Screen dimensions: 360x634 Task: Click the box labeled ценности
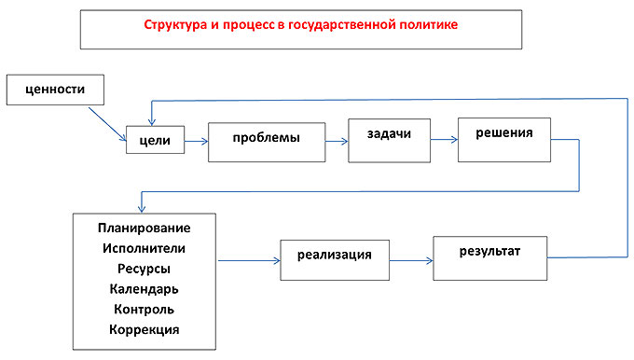[x=52, y=90]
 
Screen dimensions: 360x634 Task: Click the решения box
[x=503, y=139]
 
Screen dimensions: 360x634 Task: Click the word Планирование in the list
[x=144, y=228]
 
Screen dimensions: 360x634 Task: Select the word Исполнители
[x=144, y=248]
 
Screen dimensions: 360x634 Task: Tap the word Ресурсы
[x=144, y=269]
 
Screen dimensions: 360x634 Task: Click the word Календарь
[x=144, y=289]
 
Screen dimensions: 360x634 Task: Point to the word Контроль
[x=144, y=309]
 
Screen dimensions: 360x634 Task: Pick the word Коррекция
[x=144, y=329]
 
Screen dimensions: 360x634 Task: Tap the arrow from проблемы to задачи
[x=337, y=142]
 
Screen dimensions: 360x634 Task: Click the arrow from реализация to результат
[x=410, y=258]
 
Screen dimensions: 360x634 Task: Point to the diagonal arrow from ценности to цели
[x=108, y=124]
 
